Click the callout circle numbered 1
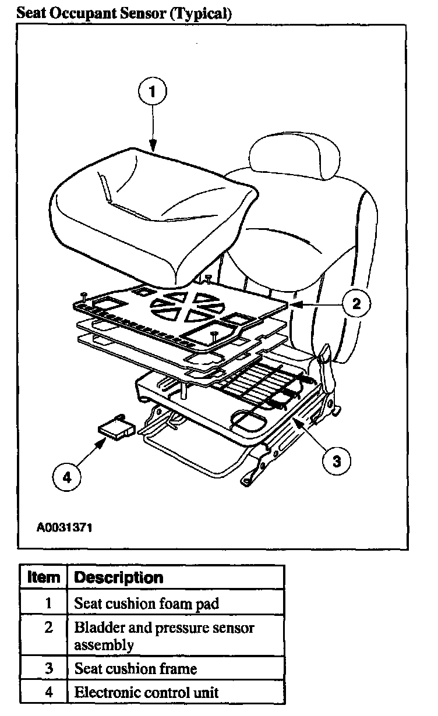tap(153, 91)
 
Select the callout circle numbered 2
tap(356, 303)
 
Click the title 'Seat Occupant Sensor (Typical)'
tap(124, 13)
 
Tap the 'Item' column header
tap(44, 577)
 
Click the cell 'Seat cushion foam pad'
tap(146, 604)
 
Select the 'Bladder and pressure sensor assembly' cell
tap(164, 636)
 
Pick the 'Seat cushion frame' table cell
tap(135, 669)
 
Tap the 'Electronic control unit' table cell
tap(146, 693)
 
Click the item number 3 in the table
tap(48, 669)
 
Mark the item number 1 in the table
tap(48, 604)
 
